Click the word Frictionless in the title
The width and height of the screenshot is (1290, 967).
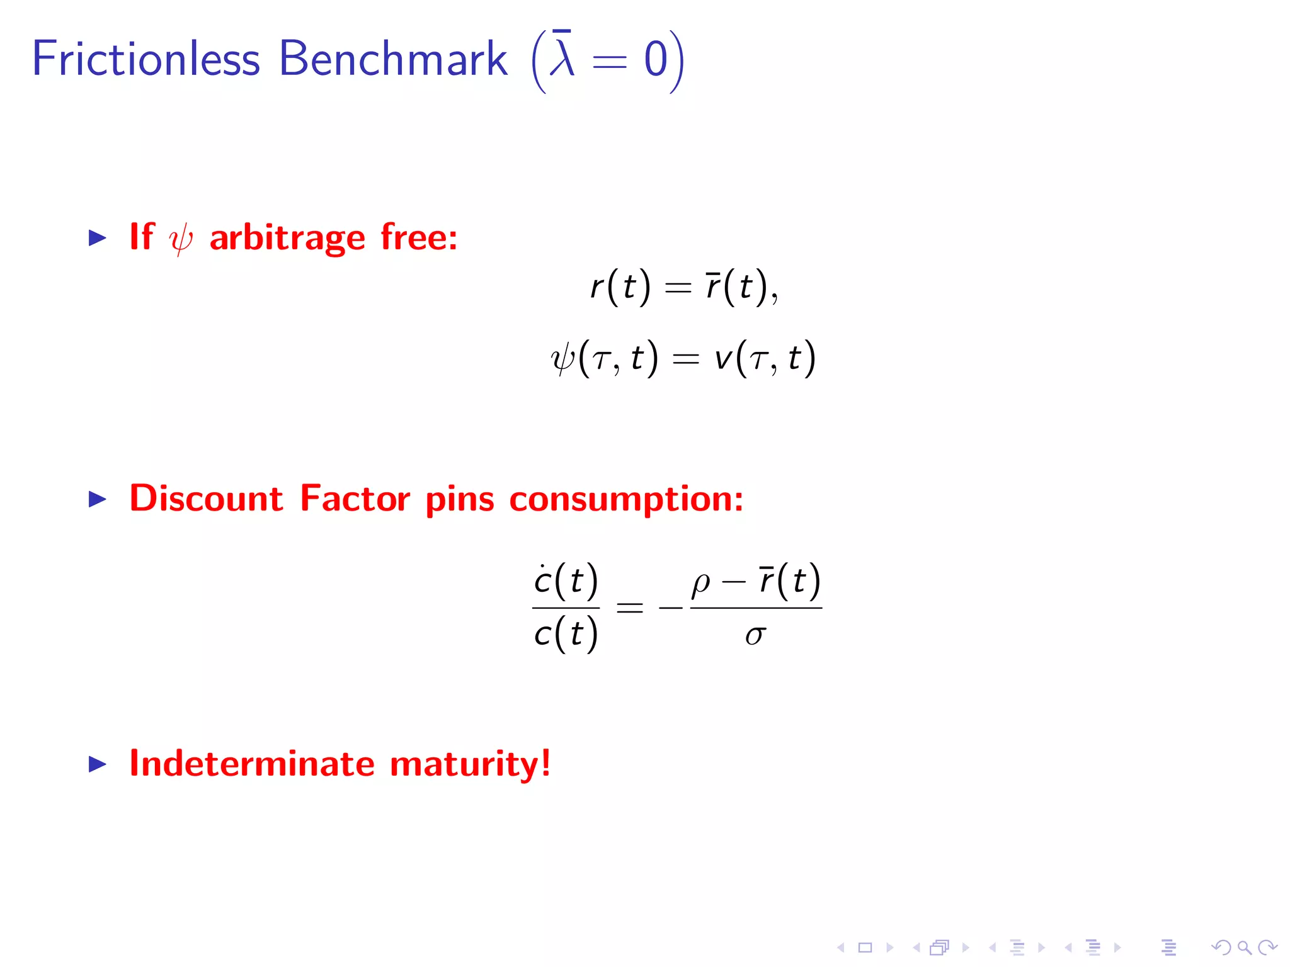(x=146, y=59)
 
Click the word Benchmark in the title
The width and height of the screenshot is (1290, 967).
(x=392, y=59)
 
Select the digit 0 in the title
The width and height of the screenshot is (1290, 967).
(x=655, y=60)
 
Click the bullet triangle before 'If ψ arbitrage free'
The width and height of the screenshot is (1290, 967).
(x=98, y=237)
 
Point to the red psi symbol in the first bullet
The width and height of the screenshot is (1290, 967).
(x=181, y=239)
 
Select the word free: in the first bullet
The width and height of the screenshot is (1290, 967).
(x=419, y=237)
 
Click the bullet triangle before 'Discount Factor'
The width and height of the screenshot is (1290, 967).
(x=98, y=499)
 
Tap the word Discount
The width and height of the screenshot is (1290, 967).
(x=206, y=499)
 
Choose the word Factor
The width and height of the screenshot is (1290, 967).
(x=355, y=499)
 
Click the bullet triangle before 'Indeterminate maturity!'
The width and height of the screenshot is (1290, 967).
(x=98, y=764)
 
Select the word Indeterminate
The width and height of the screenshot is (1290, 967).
(x=252, y=764)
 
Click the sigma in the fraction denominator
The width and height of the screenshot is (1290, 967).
(x=755, y=635)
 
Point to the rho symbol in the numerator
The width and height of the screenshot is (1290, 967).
(x=700, y=583)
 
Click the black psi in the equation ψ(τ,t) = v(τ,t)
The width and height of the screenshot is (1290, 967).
(x=562, y=359)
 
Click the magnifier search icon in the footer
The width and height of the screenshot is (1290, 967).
(x=1244, y=947)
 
